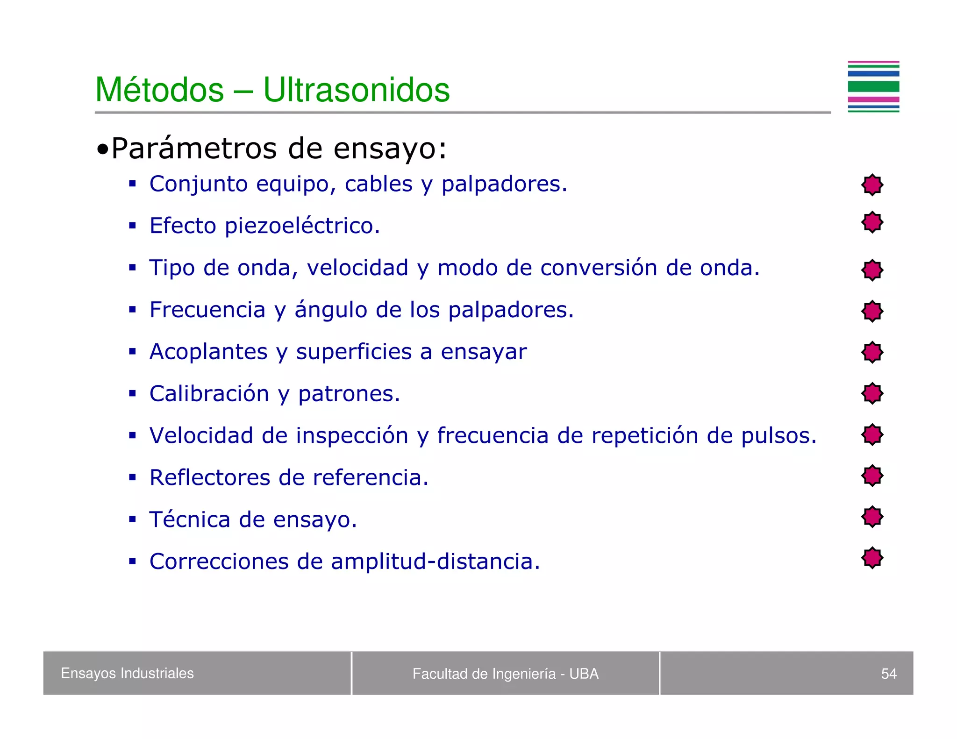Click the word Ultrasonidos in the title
pyautogui.click(x=356, y=90)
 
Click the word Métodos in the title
pyautogui.click(x=160, y=90)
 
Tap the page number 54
pyautogui.click(x=888, y=674)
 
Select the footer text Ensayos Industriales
pyautogui.click(x=127, y=673)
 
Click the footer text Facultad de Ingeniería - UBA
pyautogui.click(x=505, y=674)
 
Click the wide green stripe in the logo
pyautogui.click(x=873, y=86)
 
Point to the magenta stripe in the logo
pyautogui.click(x=873, y=99)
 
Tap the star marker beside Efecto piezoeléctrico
pyautogui.click(x=872, y=222)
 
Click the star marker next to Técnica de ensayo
pyautogui.click(x=872, y=517)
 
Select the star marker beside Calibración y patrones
pyautogui.click(x=872, y=393)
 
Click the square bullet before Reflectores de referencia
pyautogui.click(x=133, y=477)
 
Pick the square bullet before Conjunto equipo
pyautogui.click(x=133, y=184)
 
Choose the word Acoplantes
pyautogui.click(x=208, y=352)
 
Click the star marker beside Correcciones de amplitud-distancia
pyautogui.click(x=872, y=558)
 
